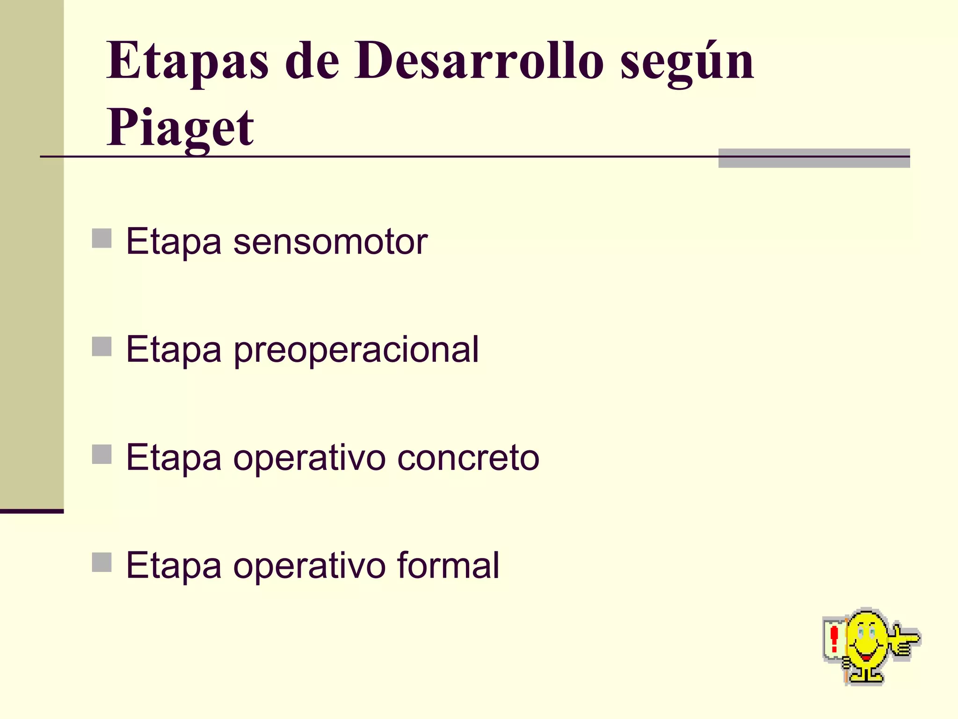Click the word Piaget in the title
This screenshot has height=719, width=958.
[x=180, y=127]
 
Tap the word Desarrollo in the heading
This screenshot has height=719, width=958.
[x=479, y=61]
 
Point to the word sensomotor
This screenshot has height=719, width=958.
[x=330, y=242]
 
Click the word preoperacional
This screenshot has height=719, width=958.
[x=356, y=350]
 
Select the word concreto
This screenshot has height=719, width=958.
[x=468, y=458]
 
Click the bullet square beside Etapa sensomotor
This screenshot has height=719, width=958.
[x=102, y=238]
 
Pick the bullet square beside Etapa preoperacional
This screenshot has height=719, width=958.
[x=102, y=346]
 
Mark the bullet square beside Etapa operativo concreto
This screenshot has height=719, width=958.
[x=102, y=454]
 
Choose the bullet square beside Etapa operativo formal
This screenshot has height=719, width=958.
[x=102, y=562]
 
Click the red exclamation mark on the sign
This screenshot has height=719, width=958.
[x=834, y=639]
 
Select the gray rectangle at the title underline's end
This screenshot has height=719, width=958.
[x=813, y=158]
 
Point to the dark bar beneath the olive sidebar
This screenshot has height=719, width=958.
[x=31, y=511]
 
